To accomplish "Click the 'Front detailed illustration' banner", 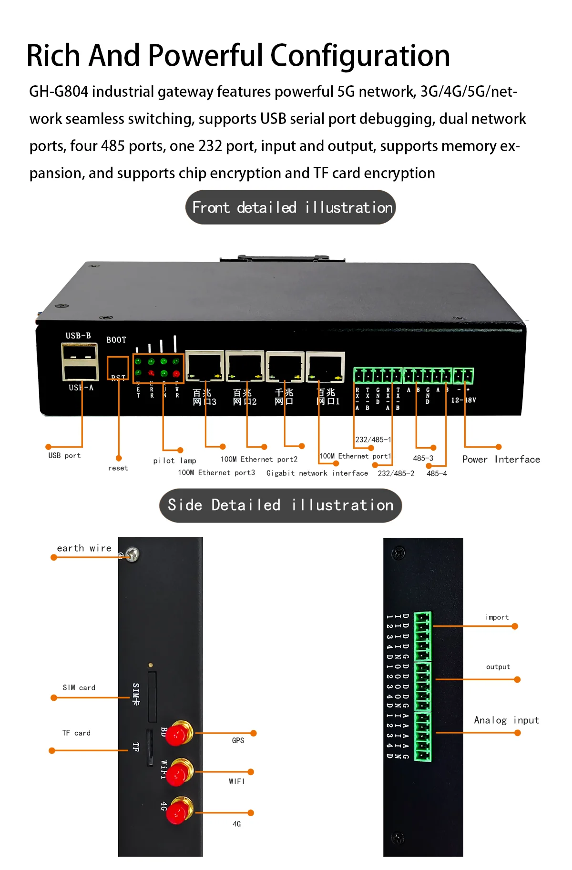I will point(290,207).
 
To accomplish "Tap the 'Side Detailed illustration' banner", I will point(280,505).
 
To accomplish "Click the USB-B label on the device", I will point(78,336).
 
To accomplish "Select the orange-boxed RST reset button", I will point(118,368).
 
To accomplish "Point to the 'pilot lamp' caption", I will point(174,461).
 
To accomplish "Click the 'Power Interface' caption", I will point(500,460).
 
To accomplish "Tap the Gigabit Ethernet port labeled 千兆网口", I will point(285,367).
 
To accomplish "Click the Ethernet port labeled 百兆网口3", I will point(204,366).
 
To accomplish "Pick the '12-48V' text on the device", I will point(463,400).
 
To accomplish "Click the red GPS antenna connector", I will point(179,734).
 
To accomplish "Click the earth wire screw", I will point(132,554).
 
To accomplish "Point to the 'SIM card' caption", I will point(79,687).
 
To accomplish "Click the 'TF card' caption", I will point(76,733).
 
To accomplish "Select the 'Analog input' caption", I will point(506,720).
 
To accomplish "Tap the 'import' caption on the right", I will point(497,617).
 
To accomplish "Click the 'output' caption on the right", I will point(498,667).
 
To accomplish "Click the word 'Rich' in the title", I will point(53,56).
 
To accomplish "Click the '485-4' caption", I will point(437,473).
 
